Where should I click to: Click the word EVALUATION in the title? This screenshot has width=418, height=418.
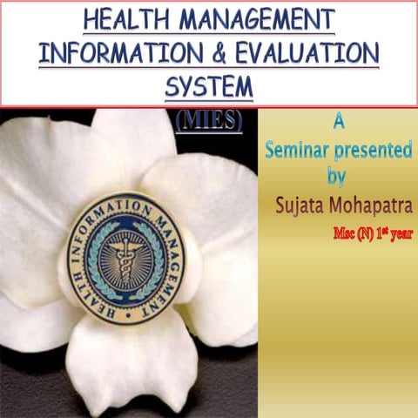306,51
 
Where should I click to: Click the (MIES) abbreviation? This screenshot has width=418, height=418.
210,119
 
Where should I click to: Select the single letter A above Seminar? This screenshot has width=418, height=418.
336,118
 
